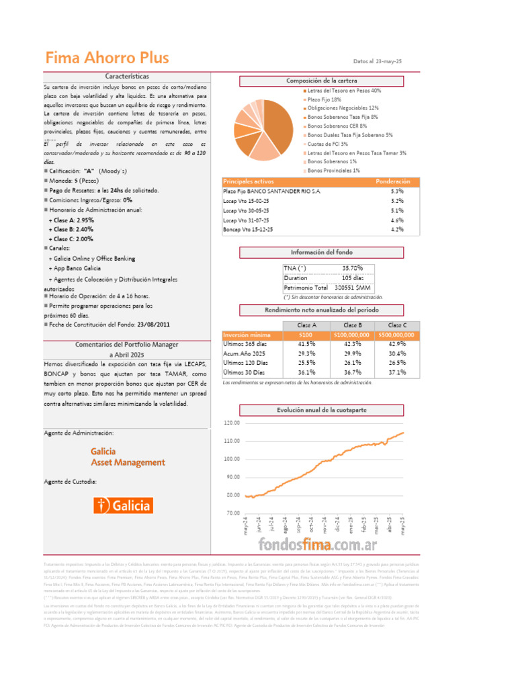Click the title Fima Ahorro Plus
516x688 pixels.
[107, 58]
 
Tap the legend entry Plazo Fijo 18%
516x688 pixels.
[324, 99]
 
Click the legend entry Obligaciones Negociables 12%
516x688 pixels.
[343, 107]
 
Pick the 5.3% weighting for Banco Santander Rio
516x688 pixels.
[396, 191]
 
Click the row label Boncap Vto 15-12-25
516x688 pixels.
[248, 229]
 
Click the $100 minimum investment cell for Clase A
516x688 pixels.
[306, 335]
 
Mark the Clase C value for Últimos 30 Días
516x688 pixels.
[396, 372]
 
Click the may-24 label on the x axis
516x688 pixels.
[247, 525]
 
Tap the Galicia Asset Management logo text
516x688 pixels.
[128, 457]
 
